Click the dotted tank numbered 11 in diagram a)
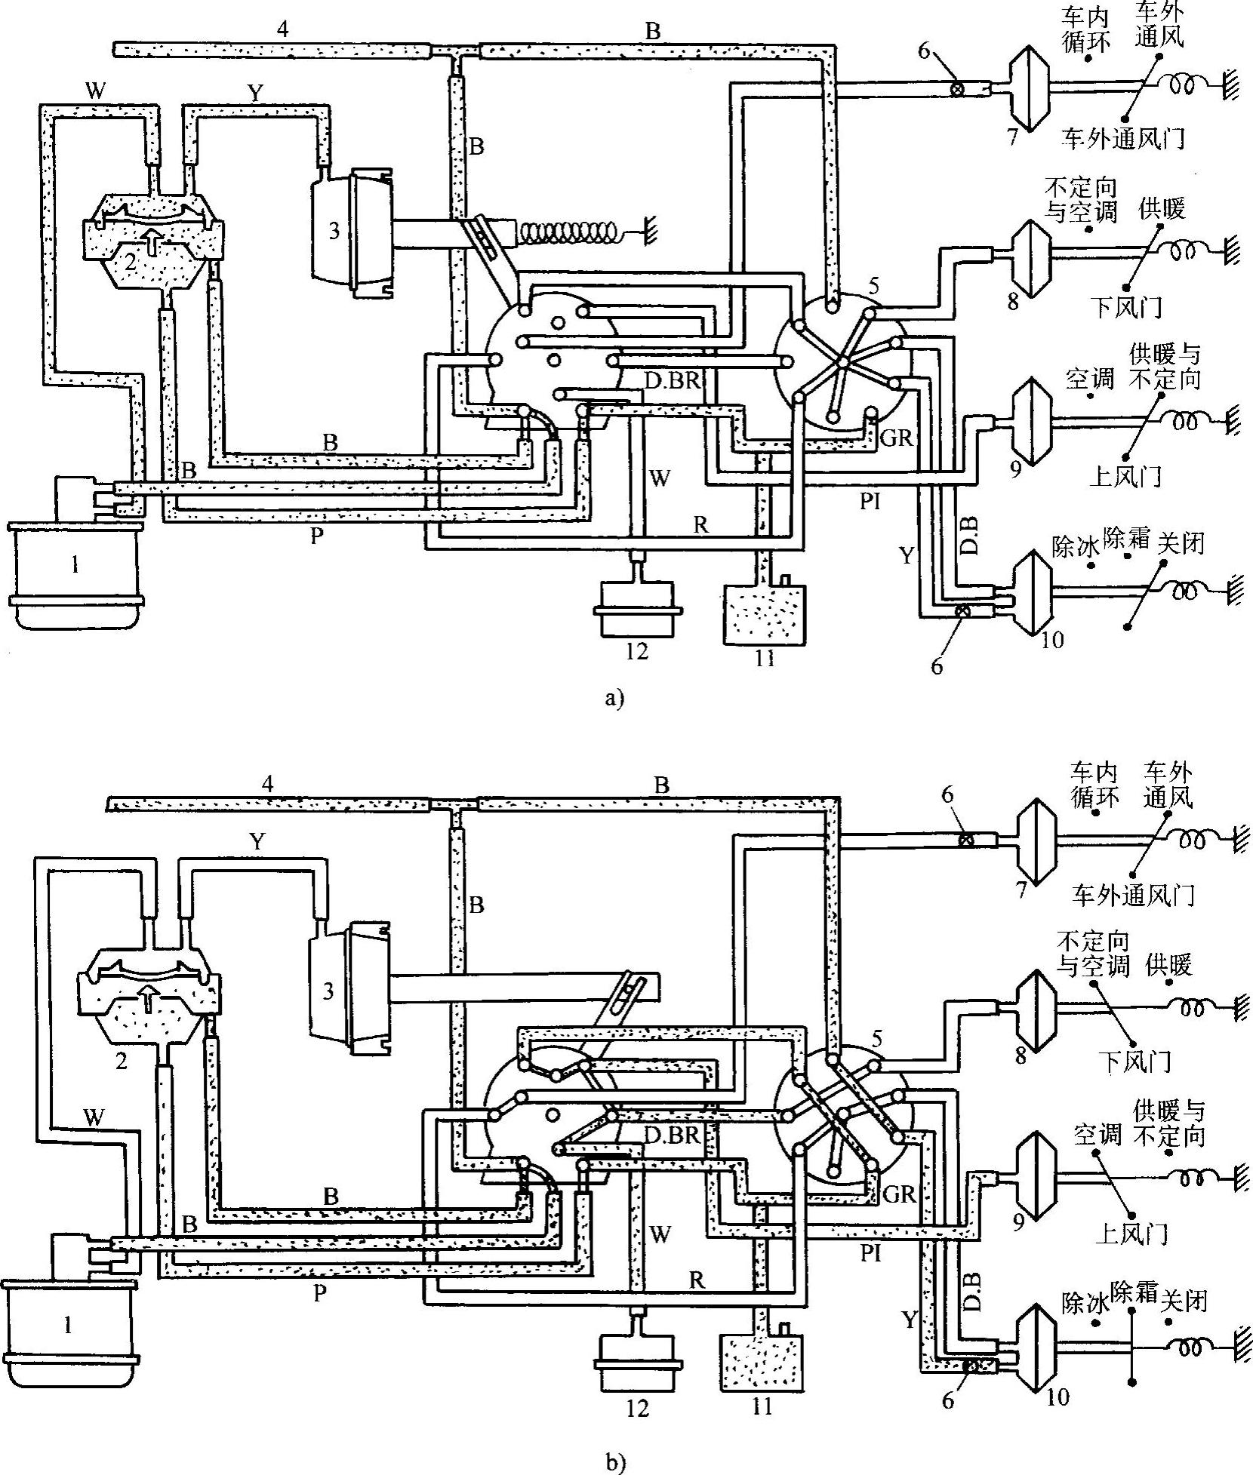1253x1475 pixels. (764, 613)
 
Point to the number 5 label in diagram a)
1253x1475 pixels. (874, 287)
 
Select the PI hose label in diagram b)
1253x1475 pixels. (870, 1253)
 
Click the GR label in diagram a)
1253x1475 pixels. (897, 437)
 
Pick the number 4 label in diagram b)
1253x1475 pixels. (269, 783)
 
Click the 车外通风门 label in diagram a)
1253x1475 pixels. (1122, 138)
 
